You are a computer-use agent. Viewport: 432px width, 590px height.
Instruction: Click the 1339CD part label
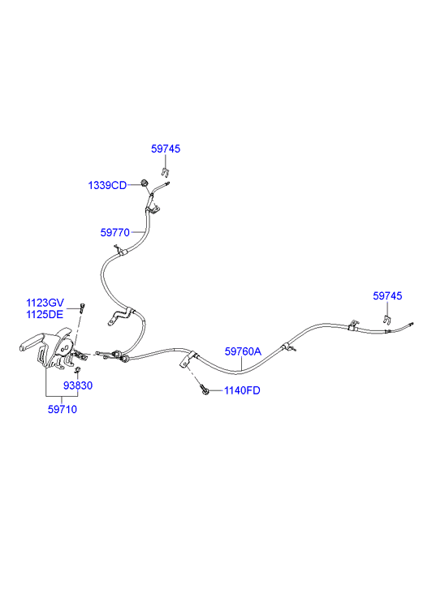click(107, 185)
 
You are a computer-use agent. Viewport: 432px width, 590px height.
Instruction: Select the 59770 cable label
click(114, 233)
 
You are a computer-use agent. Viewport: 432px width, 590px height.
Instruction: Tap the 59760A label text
click(243, 351)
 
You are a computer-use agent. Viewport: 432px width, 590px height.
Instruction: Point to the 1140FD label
click(242, 390)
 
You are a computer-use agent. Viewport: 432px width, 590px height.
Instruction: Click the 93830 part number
click(78, 385)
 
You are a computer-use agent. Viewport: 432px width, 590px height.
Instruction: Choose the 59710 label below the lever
click(63, 409)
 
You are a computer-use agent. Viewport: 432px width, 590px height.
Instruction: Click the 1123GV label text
click(45, 303)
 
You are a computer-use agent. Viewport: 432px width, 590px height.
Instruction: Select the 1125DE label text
click(45, 314)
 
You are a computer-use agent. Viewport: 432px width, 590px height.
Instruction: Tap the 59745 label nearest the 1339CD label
click(166, 149)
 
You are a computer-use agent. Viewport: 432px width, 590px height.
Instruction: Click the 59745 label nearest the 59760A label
click(387, 295)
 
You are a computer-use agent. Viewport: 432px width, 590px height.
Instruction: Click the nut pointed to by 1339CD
click(144, 183)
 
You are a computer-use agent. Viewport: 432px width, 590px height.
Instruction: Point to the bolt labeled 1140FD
click(204, 390)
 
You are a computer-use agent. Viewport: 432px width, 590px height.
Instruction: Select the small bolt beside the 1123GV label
click(82, 308)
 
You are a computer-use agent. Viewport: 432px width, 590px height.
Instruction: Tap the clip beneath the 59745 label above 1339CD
click(165, 172)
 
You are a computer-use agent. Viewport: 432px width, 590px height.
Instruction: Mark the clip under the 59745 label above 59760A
click(386, 320)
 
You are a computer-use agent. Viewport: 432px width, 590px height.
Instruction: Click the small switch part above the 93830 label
click(77, 370)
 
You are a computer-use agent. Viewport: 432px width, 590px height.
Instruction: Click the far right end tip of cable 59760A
click(413, 323)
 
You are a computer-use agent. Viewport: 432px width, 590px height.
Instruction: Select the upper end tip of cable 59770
click(169, 183)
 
